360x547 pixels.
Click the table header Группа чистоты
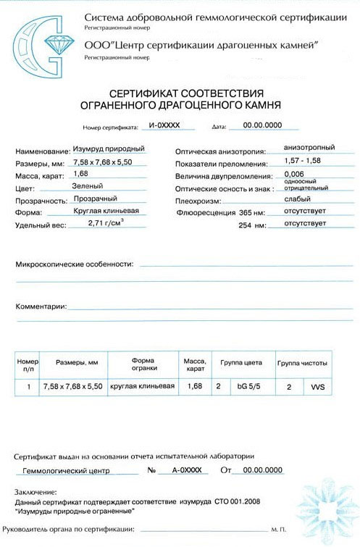pos(302,362)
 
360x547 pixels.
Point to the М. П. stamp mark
pos(277,531)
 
